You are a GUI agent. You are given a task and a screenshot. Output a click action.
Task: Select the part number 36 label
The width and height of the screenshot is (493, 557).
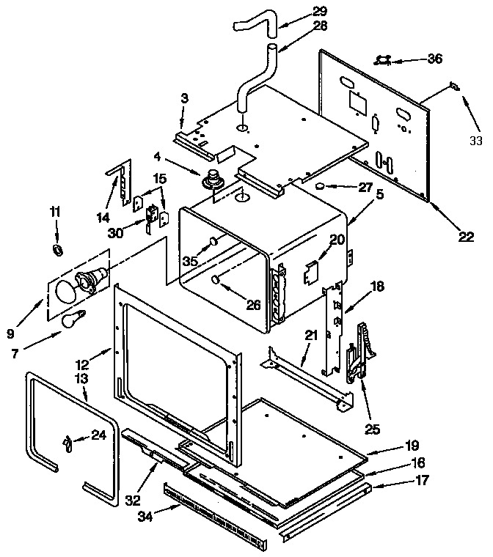coord(435,59)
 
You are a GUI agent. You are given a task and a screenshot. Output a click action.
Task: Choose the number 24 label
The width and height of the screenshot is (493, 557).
coord(98,437)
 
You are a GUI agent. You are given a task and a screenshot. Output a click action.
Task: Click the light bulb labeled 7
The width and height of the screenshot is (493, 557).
coord(73,319)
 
